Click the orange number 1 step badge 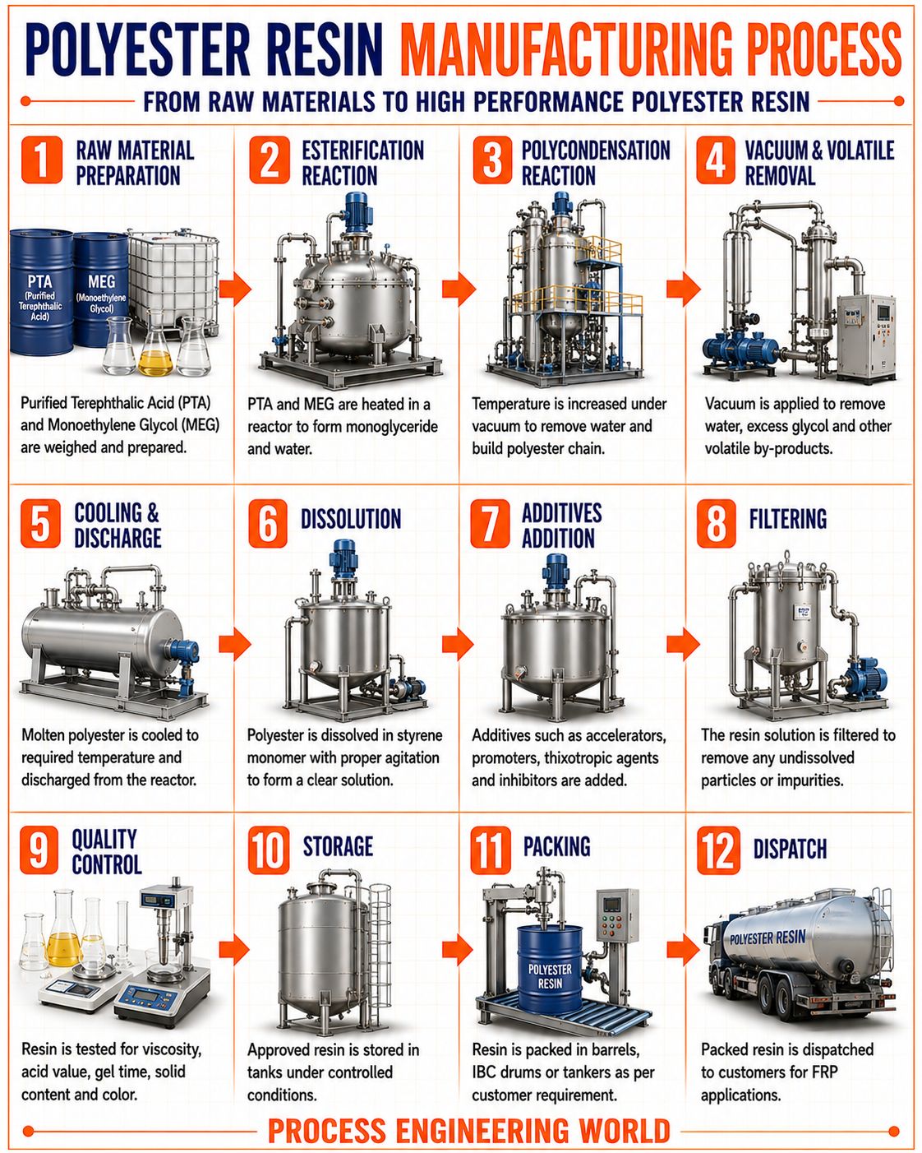[42, 160]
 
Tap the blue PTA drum [41, 292]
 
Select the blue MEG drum [100, 289]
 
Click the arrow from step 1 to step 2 [235, 289]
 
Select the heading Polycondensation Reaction [596, 163]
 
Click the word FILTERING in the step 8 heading [787, 519]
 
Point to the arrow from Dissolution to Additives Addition [459, 643]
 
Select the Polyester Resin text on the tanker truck [768, 937]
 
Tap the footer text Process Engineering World [468, 1131]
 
